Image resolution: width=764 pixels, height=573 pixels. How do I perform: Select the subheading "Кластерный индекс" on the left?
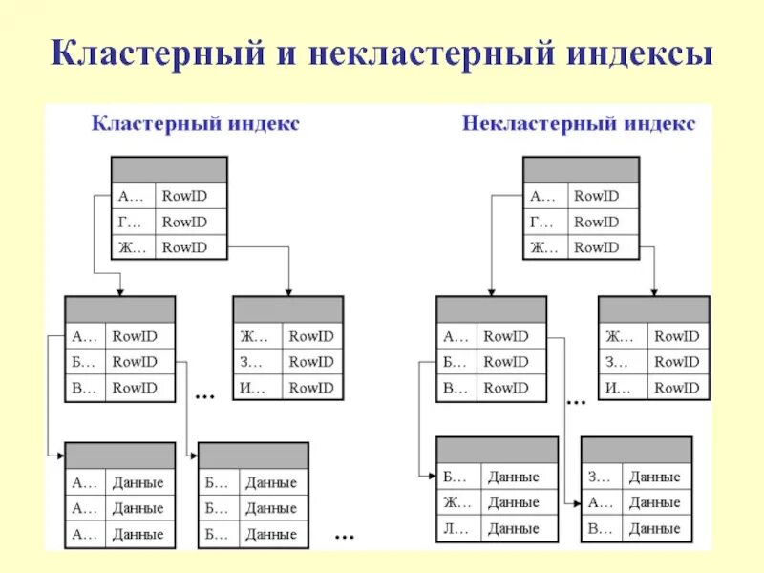[x=195, y=124]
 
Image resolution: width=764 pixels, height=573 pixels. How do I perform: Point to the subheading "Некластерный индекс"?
[x=579, y=124]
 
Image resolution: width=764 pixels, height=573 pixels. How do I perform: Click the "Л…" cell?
[x=454, y=528]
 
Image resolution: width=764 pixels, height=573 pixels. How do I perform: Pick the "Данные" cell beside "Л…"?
[x=513, y=528]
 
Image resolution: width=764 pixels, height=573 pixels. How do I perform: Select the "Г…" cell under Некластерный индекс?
[x=541, y=222]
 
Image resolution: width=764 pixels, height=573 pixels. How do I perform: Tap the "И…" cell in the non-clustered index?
[x=618, y=388]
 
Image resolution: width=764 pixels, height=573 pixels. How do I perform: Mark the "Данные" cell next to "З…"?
[x=654, y=477]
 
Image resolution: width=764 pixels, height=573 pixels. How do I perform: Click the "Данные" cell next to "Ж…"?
[x=513, y=502]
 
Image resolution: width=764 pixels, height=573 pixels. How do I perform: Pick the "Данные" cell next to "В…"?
[x=654, y=528]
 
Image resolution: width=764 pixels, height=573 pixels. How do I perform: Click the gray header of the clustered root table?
[x=170, y=170]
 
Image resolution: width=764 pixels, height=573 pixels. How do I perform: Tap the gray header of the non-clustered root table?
[x=581, y=170]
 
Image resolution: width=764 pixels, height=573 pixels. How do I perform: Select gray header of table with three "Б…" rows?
[x=253, y=455]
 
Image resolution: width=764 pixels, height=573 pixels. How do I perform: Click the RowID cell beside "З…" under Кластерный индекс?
[x=311, y=362]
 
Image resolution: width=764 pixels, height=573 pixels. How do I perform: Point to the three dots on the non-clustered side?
[x=575, y=401]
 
